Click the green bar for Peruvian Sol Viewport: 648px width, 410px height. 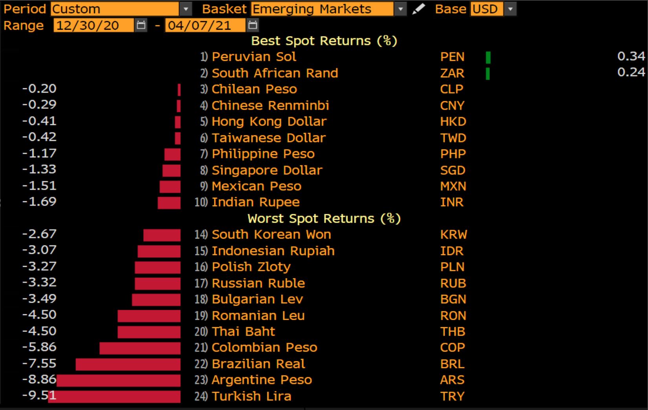pos(488,57)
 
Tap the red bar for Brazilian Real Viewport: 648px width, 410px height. pos(128,364)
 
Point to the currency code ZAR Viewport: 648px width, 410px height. pos(452,73)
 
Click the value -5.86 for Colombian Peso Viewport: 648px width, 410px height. pos(39,347)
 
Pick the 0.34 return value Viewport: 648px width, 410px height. pos(631,56)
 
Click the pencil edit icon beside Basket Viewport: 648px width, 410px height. pos(418,9)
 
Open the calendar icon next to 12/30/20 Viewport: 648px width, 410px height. pos(141,26)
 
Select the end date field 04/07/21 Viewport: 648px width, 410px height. pos(205,26)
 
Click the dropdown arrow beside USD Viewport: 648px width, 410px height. pos(510,9)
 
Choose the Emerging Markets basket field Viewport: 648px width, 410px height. pos(322,9)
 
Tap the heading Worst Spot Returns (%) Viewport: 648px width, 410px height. pos(324,219)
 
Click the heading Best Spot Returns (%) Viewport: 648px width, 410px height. pos(324,41)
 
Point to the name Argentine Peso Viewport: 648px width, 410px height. pos(261,380)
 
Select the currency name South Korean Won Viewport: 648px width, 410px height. pos(271,235)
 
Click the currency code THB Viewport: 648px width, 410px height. pos(453,332)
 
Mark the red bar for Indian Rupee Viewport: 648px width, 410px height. pos(169,202)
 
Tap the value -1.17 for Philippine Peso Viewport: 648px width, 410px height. pos(39,153)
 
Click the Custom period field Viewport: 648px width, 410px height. pos(115,9)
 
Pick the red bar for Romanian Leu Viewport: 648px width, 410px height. pos(149,316)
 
